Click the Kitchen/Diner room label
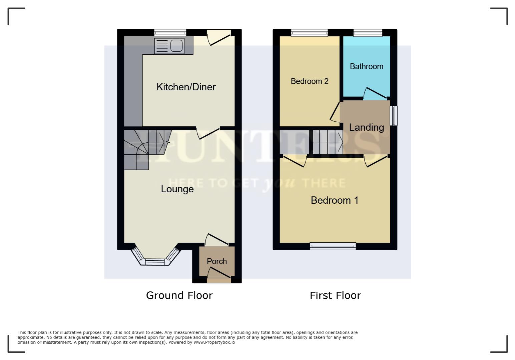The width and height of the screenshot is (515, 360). coord(186,87)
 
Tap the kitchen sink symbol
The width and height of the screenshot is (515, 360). coord(169,46)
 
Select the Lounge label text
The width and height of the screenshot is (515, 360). coord(177,189)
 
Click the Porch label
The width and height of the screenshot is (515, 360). coord(217,261)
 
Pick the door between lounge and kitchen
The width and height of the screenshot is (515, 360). coord(208,133)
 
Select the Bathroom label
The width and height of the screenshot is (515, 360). coord(366,66)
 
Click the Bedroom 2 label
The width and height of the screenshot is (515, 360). coord(309,81)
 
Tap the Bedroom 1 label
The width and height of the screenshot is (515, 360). coord(334,200)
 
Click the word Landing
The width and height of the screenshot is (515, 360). coord(366,127)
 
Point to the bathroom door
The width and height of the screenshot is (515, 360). coord(375,93)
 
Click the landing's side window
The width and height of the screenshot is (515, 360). coord(394,116)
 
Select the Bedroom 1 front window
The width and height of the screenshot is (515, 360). coord(333,246)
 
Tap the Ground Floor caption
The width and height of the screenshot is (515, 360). coord(179,295)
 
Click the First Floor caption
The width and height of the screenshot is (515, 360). coord(335,295)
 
